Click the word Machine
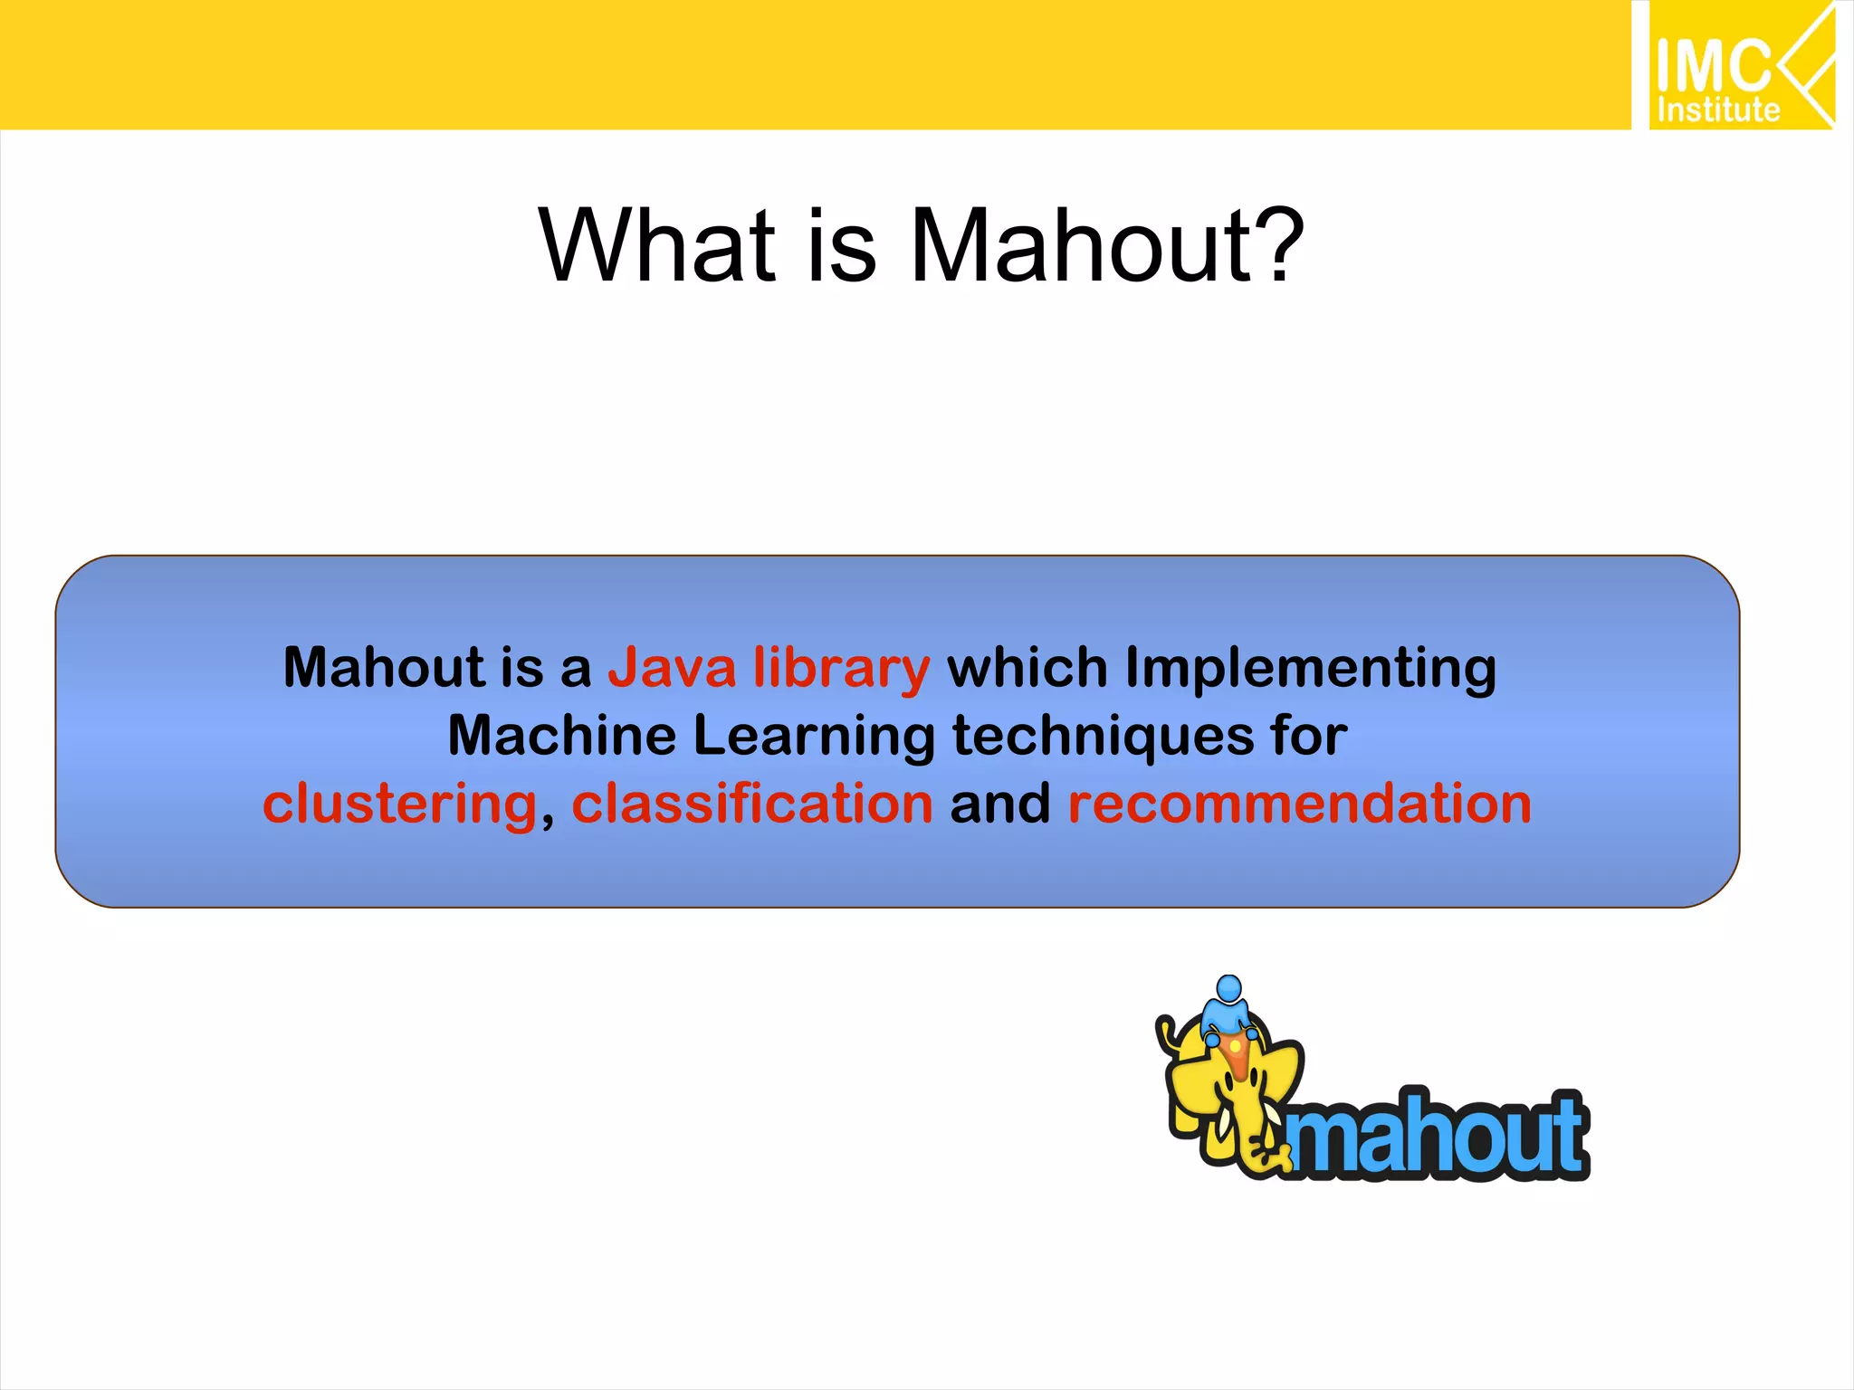click(x=561, y=735)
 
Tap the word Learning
click(x=814, y=737)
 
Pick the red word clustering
click(x=400, y=804)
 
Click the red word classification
click(x=751, y=803)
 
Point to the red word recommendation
click(x=1299, y=803)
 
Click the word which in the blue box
click(x=1027, y=668)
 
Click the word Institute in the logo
click(x=1717, y=110)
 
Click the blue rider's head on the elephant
click(x=1228, y=987)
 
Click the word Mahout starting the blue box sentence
click(x=384, y=668)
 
